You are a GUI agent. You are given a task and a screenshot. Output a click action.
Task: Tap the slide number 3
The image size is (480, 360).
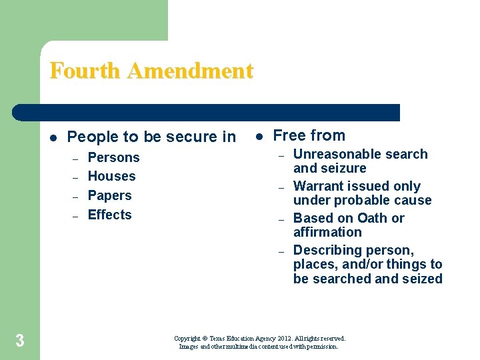coord(20,342)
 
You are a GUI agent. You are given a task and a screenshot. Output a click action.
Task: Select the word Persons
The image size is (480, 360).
coord(113,158)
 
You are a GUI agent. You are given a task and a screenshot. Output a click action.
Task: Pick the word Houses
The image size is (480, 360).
coord(111,177)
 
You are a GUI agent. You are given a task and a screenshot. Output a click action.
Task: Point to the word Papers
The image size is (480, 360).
coord(109,196)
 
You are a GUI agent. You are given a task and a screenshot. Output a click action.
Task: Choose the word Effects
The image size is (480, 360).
coord(109,215)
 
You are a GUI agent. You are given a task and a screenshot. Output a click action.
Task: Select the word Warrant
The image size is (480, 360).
coord(319,187)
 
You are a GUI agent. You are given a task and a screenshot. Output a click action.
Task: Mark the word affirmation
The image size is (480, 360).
coord(327,233)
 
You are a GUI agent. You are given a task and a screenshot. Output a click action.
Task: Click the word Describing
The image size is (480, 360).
coord(325,251)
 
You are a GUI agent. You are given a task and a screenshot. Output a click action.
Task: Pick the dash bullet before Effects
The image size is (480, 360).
coord(75,216)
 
